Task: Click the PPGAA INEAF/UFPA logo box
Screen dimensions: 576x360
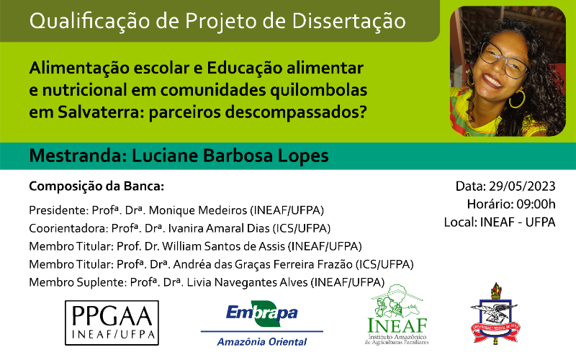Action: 112,323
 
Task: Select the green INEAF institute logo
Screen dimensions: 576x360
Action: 397,315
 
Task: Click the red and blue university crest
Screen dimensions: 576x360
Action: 495,313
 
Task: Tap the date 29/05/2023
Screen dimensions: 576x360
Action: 522,186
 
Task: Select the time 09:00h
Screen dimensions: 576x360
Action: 536,204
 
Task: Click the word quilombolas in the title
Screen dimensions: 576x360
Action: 318,91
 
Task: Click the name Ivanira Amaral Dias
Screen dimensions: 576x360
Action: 219,228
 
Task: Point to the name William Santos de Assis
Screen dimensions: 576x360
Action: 223,246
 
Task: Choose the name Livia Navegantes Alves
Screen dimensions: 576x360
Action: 247,282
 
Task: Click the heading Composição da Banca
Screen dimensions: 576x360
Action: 96,186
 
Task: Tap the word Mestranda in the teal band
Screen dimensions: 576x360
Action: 78,156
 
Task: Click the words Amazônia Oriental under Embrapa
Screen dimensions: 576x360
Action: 261,341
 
